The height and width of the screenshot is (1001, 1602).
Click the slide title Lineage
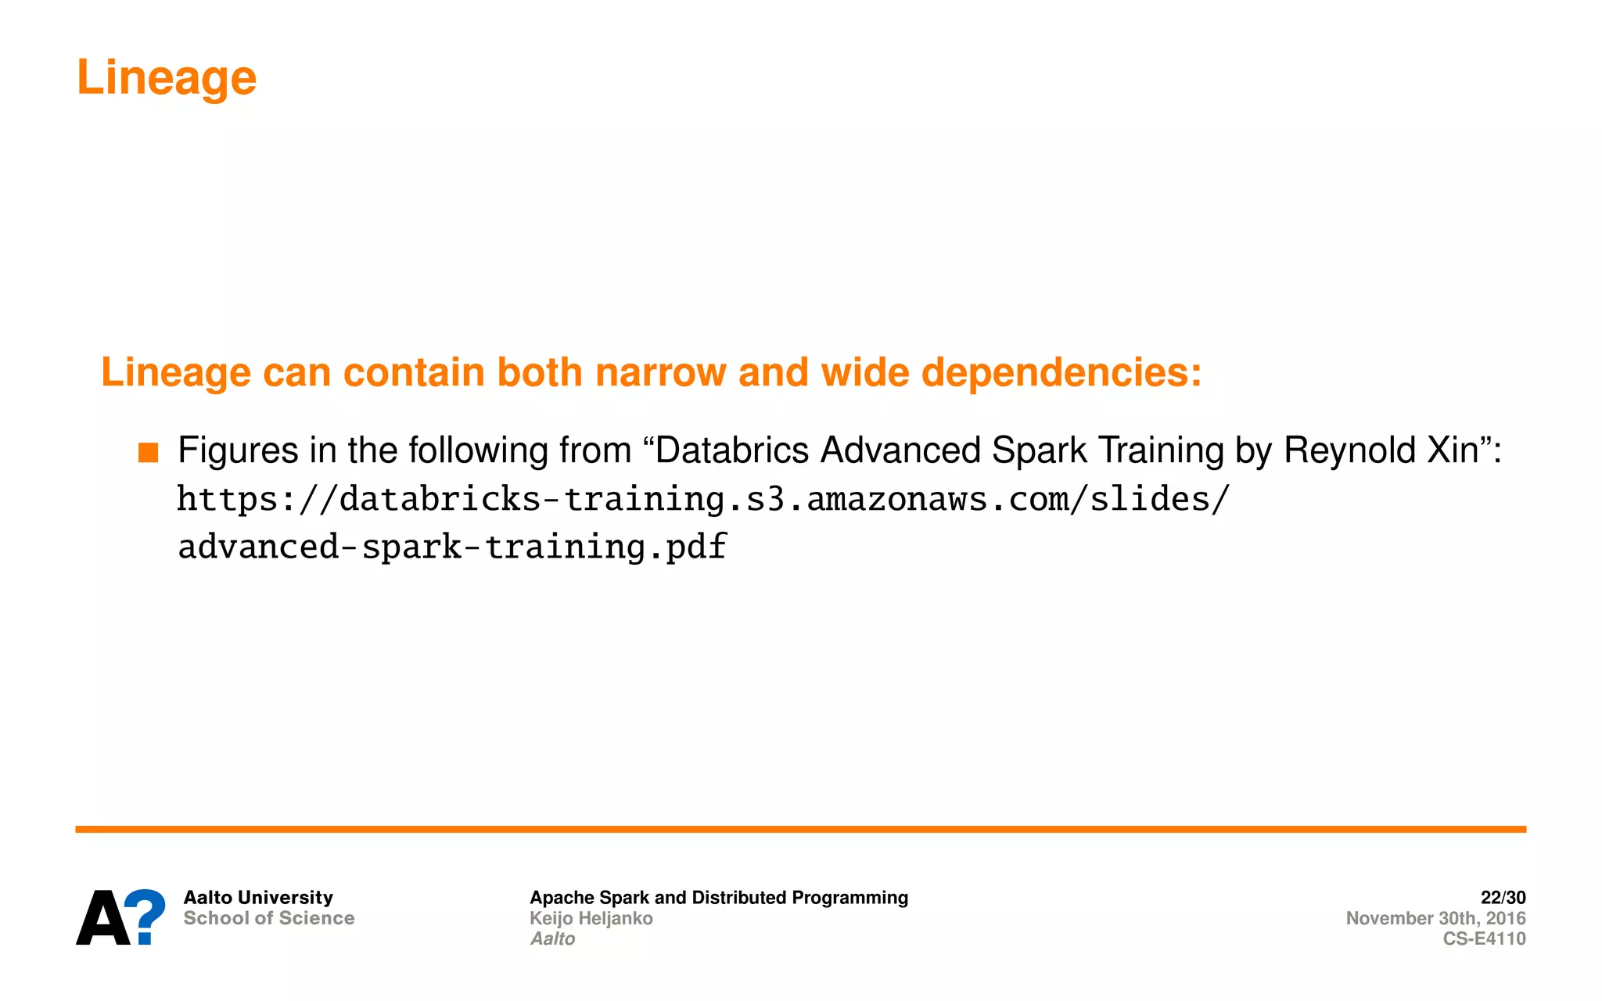167,78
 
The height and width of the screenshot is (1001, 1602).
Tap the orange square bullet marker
148,453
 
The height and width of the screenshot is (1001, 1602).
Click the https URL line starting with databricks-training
703,499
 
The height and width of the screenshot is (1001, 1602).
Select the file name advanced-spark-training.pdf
452,546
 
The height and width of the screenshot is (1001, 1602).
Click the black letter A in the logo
102,918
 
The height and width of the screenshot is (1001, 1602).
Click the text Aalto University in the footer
258,897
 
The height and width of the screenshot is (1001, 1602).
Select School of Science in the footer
269,918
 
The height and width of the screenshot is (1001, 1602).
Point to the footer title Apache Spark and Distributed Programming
719,897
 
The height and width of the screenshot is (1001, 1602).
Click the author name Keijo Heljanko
591,918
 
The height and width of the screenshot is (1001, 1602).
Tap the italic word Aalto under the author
552,938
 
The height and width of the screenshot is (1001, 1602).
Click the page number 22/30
1503,897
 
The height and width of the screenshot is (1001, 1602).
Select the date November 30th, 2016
1435,918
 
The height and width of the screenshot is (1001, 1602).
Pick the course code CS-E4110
1484,938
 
